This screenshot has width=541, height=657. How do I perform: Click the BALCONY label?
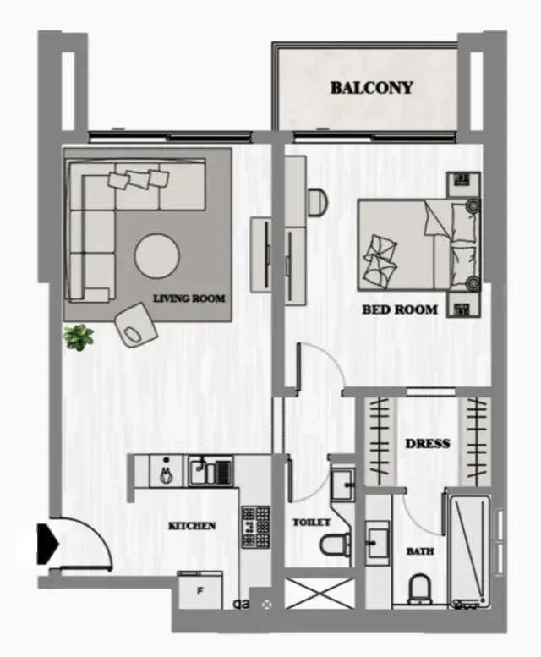tap(371, 88)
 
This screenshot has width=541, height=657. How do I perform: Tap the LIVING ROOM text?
tap(189, 298)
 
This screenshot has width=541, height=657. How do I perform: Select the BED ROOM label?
tap(400, 309)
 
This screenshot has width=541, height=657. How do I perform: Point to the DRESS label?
tap(428, 443)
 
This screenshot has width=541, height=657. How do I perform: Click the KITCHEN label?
tap(192, 525)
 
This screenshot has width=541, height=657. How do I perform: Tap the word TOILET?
tap(311, 522)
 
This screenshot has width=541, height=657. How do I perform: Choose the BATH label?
tap(420, 551)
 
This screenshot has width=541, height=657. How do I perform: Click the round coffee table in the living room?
tap(157, 255)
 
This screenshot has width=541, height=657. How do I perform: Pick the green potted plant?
tap(79, 337)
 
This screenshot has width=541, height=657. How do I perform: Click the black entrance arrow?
tap(46, 544)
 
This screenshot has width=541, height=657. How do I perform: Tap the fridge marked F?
tap(199, 591)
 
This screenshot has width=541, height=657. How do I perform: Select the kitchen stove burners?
tap(255, 527)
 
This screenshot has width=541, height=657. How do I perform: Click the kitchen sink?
tap(210, 471)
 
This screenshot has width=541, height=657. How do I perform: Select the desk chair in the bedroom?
tap(317, 202)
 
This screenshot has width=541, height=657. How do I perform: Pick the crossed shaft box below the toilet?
tap(319, 593)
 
